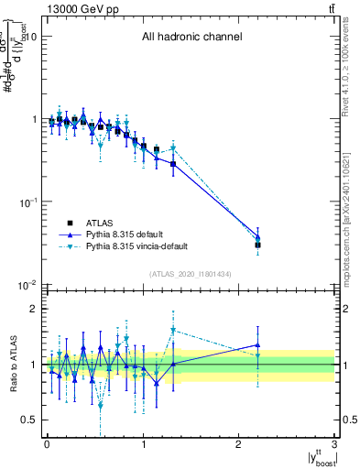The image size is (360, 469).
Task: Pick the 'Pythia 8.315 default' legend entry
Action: click(133, 234)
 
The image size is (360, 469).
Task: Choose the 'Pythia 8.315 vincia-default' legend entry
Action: click(147, 247)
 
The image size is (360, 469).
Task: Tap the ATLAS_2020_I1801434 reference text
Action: click(191, 274)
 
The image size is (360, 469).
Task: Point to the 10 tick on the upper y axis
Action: click(30, 37)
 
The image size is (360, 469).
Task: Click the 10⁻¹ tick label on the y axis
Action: click(27, 202)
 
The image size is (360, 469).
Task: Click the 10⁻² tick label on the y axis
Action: click(27, 286)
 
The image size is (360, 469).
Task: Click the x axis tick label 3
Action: click(335, 444)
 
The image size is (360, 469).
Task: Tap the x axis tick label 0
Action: click(47, 444)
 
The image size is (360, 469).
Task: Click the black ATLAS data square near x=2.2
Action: click(258, 245)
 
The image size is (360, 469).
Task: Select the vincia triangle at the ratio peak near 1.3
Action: click(173, 330)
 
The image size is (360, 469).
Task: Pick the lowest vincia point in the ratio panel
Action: click(101, 405)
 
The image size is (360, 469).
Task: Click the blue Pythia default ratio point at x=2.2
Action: click(258, 345)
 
